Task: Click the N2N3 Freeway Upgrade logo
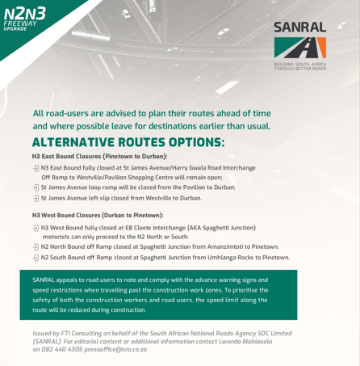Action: (x=24, y=18)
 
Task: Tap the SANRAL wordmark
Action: (x=299, y=27)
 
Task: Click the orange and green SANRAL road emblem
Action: (x=299, y=48)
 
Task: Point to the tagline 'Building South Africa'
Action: (x=299, y=64)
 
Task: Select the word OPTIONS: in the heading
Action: (x=191, y=142)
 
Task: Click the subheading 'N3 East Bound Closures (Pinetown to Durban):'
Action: (x=99, y=156)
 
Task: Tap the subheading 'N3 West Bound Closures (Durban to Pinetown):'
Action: (x=98, y=216)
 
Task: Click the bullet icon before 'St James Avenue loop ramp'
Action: (x=36, y=187)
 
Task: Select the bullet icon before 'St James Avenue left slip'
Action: (x=36, y=198)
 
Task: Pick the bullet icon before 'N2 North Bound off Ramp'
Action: (x=36, y=247)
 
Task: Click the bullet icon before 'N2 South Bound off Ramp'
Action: (x=36, y=258)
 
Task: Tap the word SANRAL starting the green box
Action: (x=46, y=280)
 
